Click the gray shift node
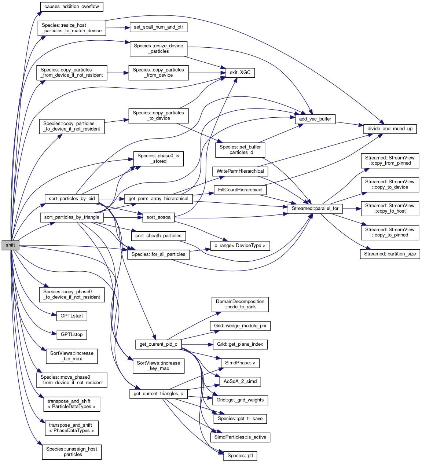pos(10,245)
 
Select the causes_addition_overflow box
pos(71,7)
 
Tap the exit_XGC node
pos(240,73)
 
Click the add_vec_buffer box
pos(315,119)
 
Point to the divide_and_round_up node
pos(390,129)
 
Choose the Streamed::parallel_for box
pos(315,209)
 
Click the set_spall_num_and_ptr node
pos(158,27)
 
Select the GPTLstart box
pos(72,316)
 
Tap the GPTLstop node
pos(72,335)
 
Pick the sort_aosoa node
pos(158,217)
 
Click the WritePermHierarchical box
pos(240,171)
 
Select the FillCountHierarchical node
pos(240,190)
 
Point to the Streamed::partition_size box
pos(390,254)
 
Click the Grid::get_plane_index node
pos(240,345)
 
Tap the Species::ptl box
pos(240,456)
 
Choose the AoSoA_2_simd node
pos(240,382)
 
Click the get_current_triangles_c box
pos(158,394)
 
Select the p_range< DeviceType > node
pos(240,246)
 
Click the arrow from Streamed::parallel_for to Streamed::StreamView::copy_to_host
pos(352,209)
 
